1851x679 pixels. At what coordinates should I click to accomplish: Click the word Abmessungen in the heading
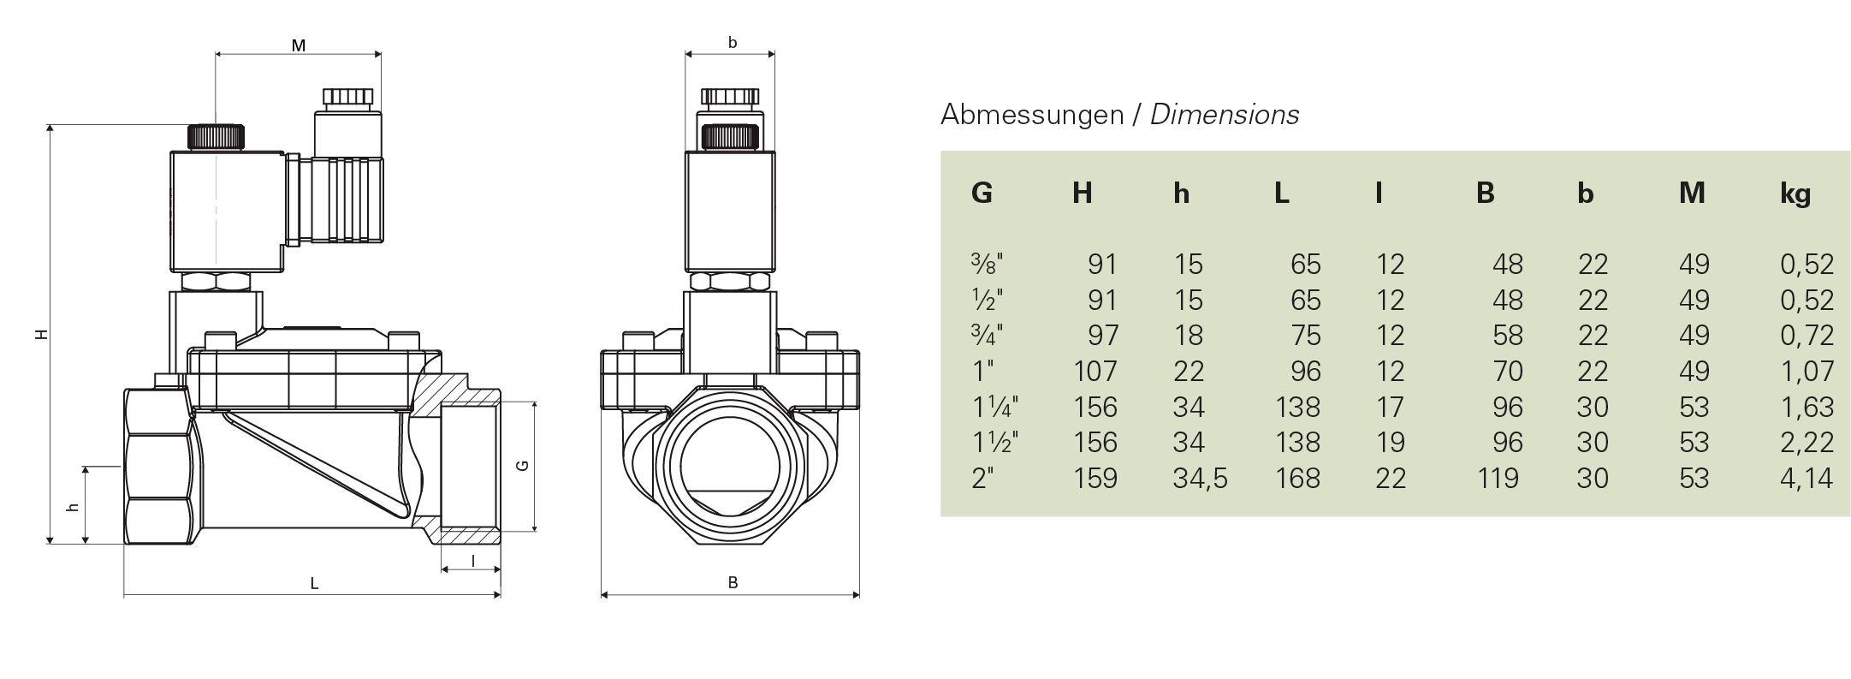click(1031, 115)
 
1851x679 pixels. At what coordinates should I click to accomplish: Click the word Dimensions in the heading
click(1224, 115)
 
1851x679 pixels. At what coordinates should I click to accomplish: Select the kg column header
click(1795, 194)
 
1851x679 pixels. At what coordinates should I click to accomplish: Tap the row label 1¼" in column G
click(994, 407)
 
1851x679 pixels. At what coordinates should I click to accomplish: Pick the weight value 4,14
click(1807, 478)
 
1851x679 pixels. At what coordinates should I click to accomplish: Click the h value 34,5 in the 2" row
click(1200, 478)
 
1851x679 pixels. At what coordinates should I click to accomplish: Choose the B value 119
click(1498, 478)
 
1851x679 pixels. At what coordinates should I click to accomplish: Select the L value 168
click(1297, 478)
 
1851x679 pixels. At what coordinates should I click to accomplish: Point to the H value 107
click(1095, 371)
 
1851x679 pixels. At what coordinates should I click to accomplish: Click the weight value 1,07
click(1807, 371)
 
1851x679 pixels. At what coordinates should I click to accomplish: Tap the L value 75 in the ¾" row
click(1306, 335)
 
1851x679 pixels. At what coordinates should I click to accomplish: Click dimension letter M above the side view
click(299, 46)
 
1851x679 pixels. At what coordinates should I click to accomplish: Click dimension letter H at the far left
click(41, 335)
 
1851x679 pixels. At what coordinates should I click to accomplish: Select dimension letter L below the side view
click(314, 584)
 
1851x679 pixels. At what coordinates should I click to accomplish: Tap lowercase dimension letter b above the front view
click(732, 43)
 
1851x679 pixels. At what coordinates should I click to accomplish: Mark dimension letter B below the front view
click(733, 583)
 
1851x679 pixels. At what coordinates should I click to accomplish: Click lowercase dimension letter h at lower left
click(74, 507)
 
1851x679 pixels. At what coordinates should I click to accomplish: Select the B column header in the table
click(1485, 194)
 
